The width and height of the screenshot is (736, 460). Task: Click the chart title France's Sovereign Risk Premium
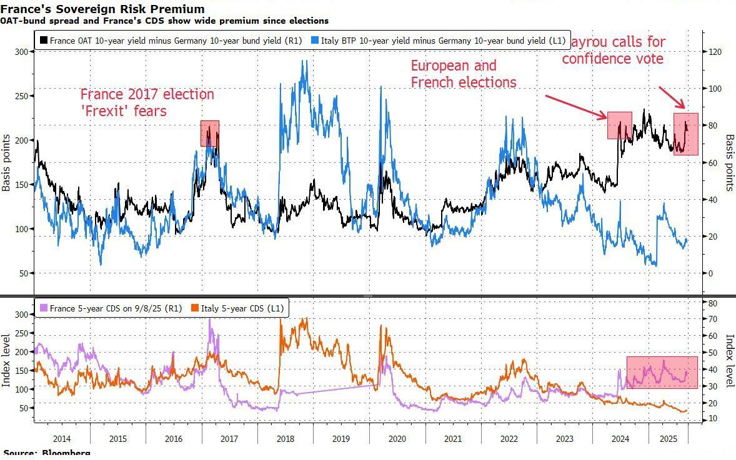tap(102, 9)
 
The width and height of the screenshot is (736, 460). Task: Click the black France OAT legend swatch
tap(43, 41)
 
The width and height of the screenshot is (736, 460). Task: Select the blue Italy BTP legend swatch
tap(316, 41)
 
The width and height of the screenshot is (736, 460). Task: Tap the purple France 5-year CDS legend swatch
tap(43, 308)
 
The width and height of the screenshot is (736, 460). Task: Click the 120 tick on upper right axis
tap(714, 52)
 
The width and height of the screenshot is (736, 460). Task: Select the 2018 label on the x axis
tap(285, 439)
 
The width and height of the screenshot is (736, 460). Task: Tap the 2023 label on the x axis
tap(564, 439)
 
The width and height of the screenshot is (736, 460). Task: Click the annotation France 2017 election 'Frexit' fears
tap(147, 102)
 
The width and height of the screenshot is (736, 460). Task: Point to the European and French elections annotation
tap(463, 74)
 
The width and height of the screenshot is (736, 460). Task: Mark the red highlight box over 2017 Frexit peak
tap(210, 133)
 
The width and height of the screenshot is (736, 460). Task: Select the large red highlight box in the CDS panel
tap(662, 373)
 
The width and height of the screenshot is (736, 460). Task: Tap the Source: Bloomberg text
tap(47, 453)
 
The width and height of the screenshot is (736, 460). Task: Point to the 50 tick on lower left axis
tap(23, 408)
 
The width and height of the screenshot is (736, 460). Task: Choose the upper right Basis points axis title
tap(729, 162)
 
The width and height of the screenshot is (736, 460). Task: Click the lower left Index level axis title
tap(7, 360)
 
